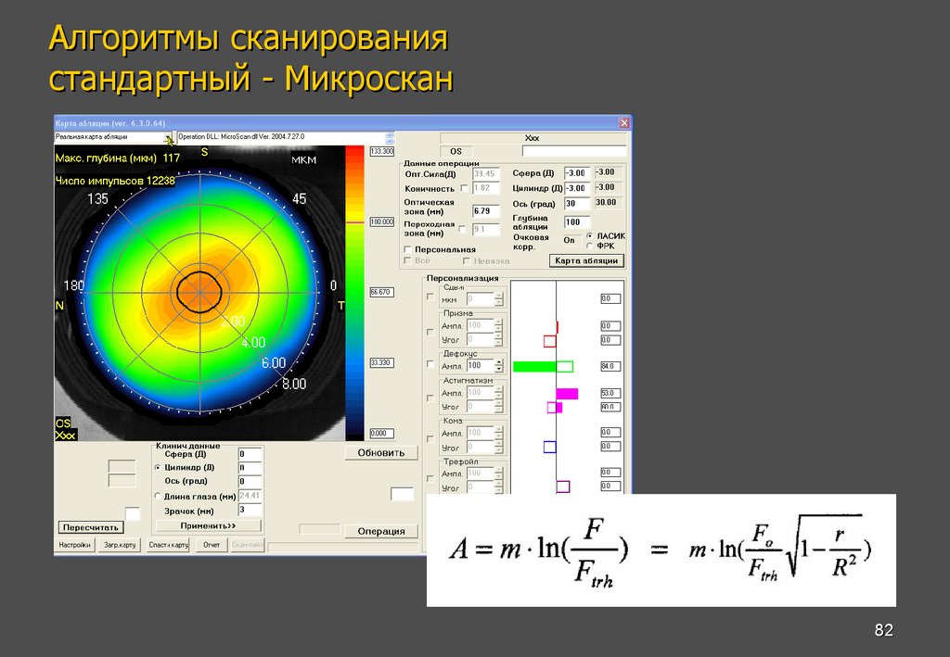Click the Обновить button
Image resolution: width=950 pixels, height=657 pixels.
click(381, 452)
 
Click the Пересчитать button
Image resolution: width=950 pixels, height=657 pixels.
click(91, 526)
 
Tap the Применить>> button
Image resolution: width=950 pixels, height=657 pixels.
click(208, 524)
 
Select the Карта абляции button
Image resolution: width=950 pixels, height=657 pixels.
click(586, 260)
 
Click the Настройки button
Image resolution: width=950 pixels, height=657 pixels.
click(75, 545)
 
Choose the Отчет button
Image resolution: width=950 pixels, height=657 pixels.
click(212, 545)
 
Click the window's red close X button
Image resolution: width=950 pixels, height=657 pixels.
click(624, 122)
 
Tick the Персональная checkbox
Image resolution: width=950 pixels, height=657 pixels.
click(408, 249)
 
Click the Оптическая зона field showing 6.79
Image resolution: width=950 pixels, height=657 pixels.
click(485, 211)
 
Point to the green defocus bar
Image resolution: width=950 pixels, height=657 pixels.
click(534, 366)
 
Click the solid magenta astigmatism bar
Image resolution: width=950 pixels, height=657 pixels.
click(567, 394)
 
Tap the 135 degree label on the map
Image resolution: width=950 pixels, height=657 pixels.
click(97, 199)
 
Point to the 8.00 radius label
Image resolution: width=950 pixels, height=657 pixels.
click(293, 383)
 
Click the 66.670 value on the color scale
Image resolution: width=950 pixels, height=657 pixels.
click(381, 292)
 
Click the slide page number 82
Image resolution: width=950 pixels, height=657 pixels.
click(883, 631)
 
